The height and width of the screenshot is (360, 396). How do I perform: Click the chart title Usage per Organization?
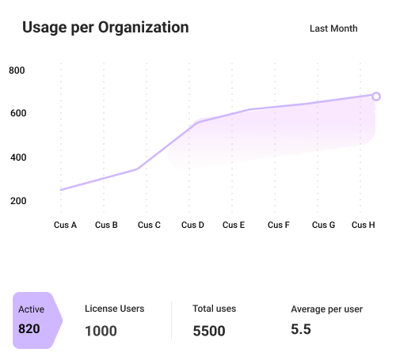coord(105,28)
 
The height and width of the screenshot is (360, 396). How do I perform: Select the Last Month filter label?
coord(333,28)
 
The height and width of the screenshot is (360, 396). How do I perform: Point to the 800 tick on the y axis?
coord(17,70)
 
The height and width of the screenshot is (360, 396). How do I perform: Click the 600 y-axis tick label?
coord(17,114)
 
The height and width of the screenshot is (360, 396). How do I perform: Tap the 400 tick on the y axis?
coord(17,157)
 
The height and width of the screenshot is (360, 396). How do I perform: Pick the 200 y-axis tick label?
coord(17,201)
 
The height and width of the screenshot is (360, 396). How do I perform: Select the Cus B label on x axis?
coord(106,225)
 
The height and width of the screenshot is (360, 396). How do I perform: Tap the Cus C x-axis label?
coord(149,225)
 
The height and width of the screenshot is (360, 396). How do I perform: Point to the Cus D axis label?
coord(192,225)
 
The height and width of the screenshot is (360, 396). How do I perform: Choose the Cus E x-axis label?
coord(234,225)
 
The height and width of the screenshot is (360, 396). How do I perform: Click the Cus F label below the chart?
coord(278,225)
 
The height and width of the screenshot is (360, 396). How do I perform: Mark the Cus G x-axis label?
coord(323,225)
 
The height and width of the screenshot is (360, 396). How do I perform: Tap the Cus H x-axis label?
coord(364,225)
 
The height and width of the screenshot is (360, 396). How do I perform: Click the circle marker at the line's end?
coord(376,97)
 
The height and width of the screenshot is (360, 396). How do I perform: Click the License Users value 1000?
coord(101,331)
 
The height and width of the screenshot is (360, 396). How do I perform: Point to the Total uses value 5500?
coord(209,331)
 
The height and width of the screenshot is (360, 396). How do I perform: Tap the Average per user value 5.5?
coord(300,329)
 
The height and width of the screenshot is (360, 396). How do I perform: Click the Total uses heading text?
coord(214,309)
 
